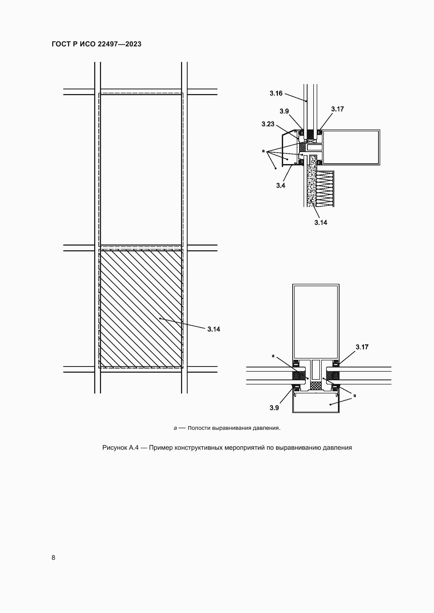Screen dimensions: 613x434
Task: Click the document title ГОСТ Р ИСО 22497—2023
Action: coord(97,44)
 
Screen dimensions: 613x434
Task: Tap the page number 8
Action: coord(54,557)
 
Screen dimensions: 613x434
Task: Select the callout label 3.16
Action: coord(276,94)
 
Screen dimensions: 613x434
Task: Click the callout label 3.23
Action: coord(268,124)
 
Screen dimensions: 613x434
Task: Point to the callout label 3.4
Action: coord(280,186)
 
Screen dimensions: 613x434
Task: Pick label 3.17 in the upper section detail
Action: coord(337,109)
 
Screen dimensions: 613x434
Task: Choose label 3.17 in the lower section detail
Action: coord(362,347)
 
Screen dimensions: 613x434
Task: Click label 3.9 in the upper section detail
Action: coord(284,111)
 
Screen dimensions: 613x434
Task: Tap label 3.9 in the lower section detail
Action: coord(274,408)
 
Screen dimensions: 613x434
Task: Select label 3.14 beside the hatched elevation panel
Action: coord(214,329)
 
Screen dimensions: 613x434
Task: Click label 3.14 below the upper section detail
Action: coord(321,223)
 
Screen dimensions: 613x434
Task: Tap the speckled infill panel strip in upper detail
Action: coord(312,187)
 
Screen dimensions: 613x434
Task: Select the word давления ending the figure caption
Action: coord(337,448)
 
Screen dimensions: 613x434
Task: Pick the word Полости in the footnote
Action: coord(199,428)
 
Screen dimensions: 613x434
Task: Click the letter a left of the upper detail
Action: coord(263,151)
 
